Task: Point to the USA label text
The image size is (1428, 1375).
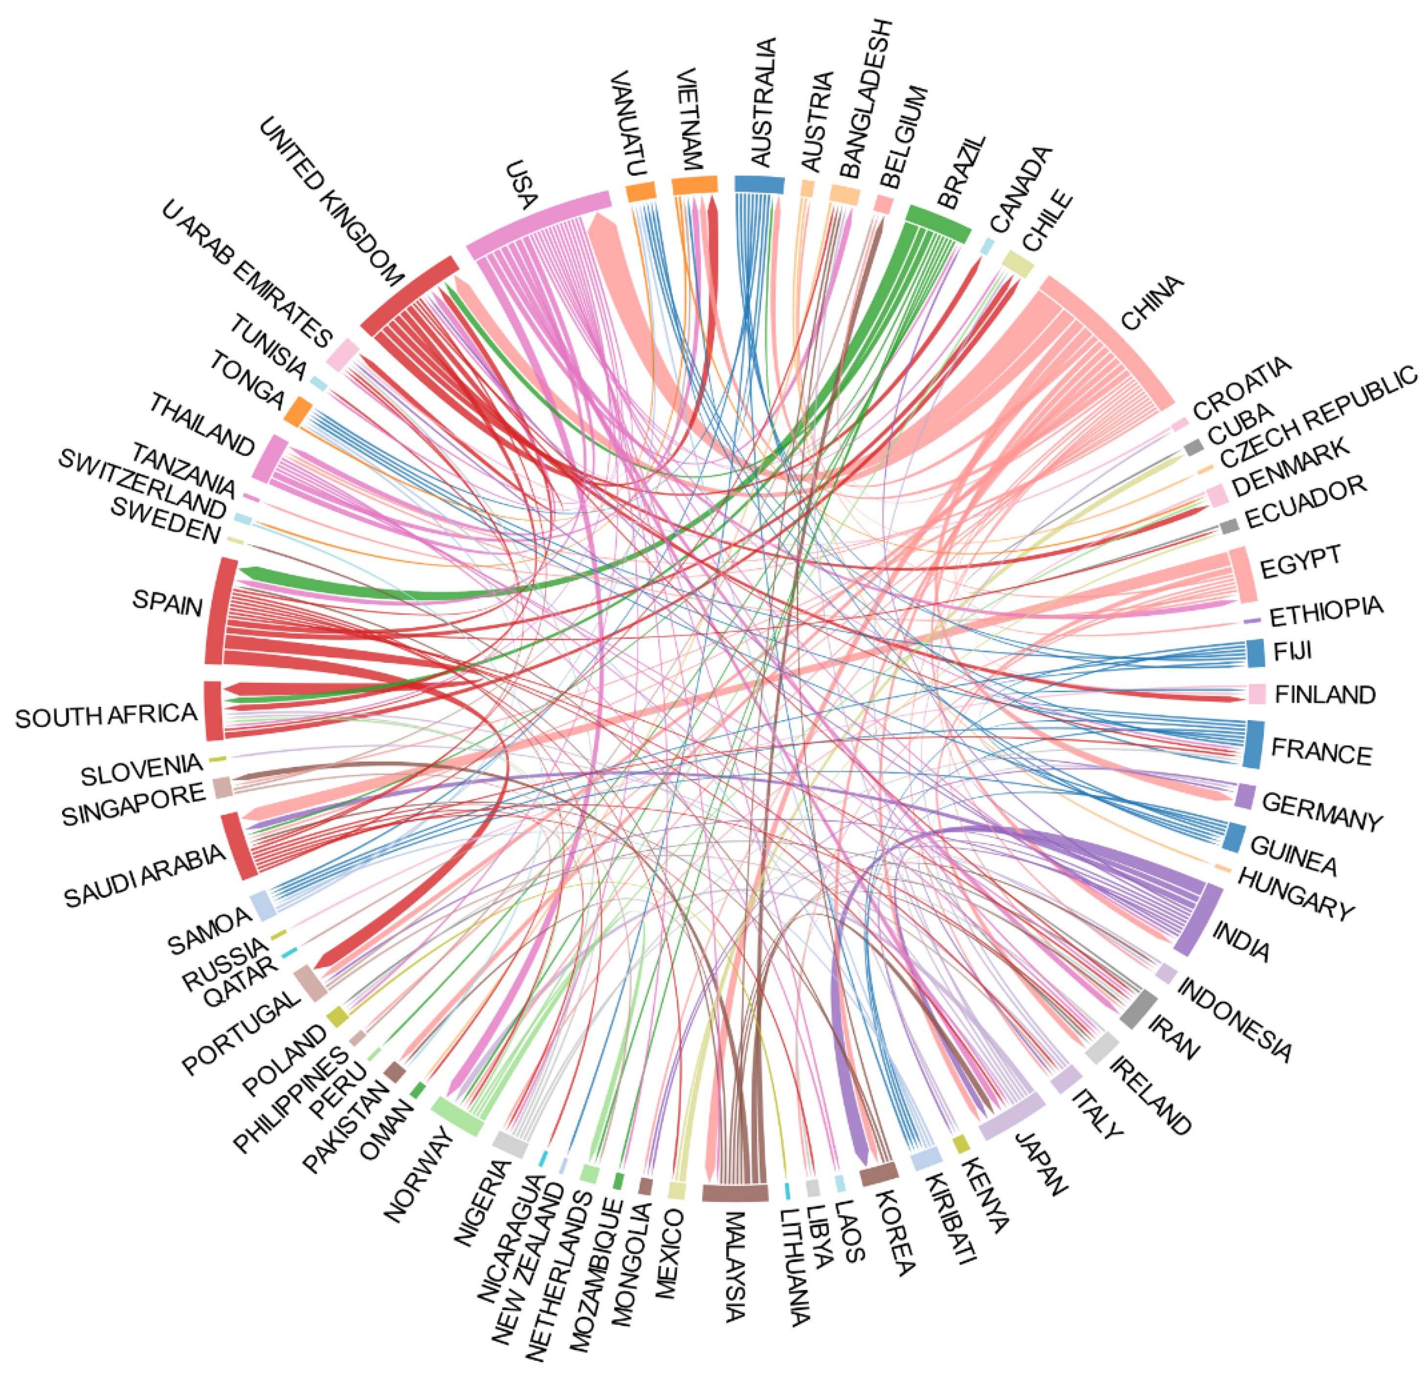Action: coord(522,185)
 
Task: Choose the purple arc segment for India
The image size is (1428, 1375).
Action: coord(1198,920)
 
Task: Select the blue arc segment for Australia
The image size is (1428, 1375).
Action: coord(759,184)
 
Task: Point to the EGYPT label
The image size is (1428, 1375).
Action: coord(1300,562)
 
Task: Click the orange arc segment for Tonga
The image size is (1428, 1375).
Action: coord(298,411)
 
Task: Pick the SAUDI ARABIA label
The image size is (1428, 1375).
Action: coord(144,877)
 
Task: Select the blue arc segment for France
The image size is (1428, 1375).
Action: coord(1252,744)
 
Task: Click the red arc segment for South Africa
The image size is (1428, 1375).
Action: coord(213,710)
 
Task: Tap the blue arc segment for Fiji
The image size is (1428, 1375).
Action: coord(1255,653)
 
